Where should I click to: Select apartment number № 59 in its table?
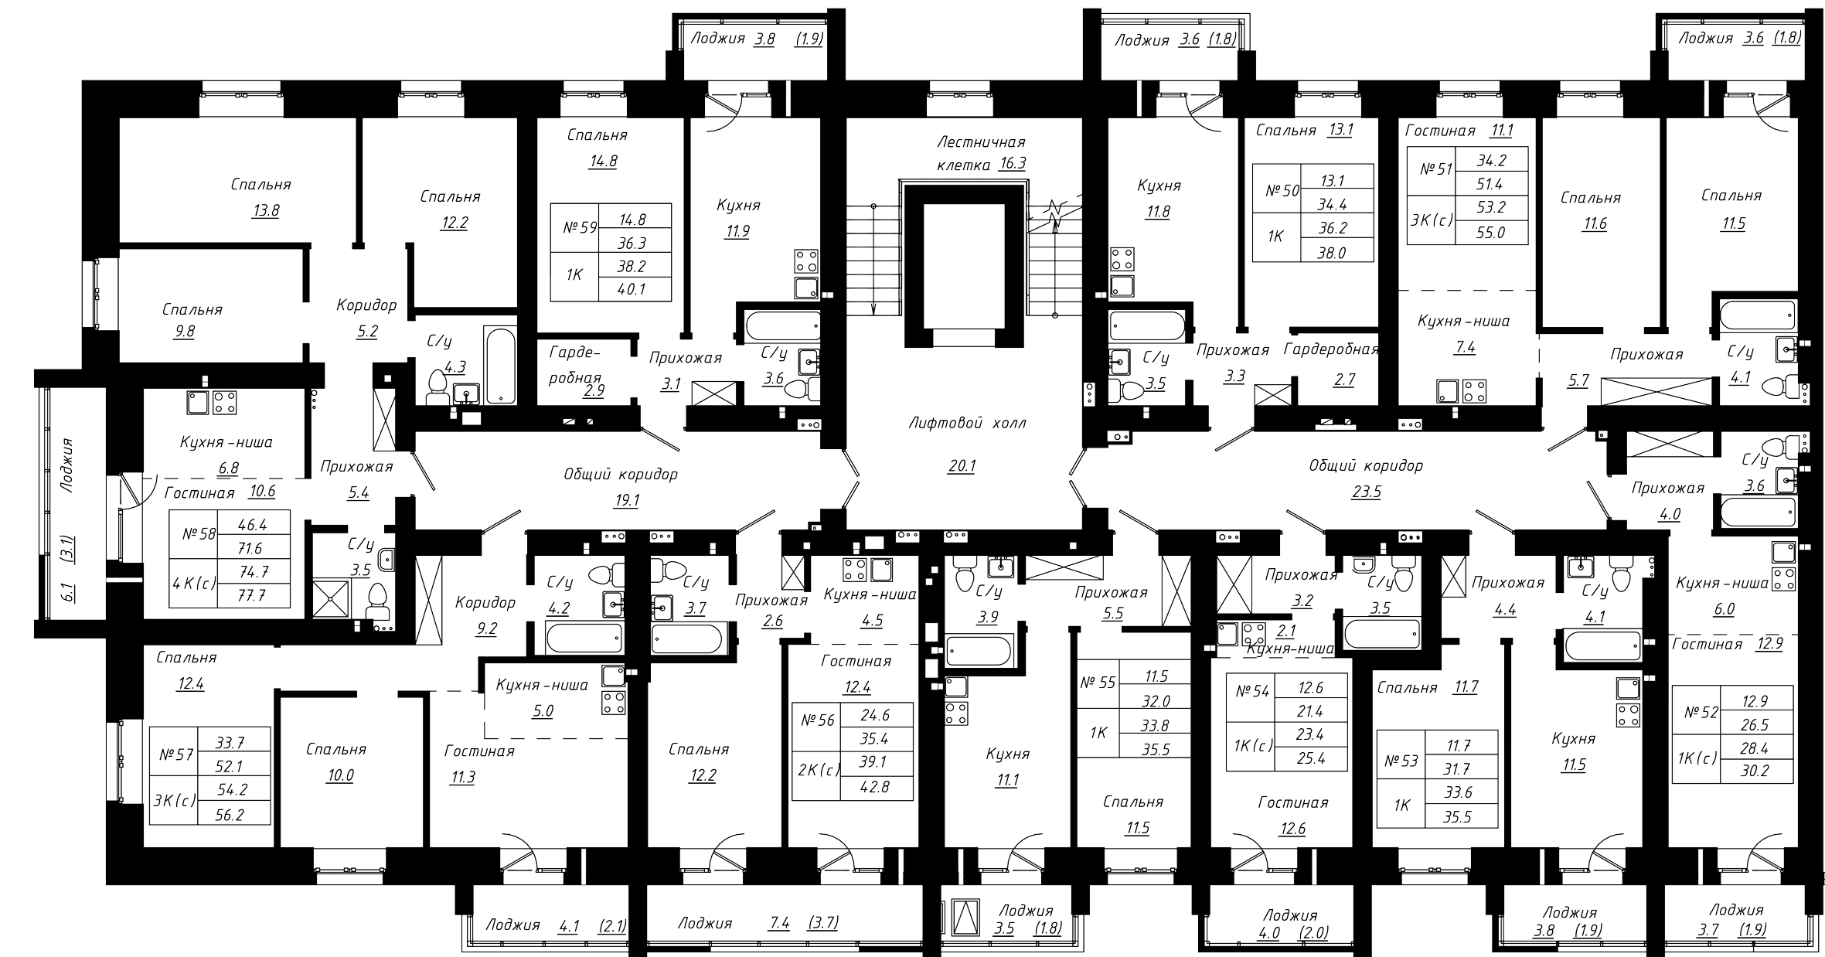[x=581, y=229]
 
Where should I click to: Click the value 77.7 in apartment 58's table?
[x=252, y=595]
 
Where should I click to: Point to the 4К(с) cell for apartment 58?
[x=194, y=584]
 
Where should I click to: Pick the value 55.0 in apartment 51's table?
[x=1490, y=232]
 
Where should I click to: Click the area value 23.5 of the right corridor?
[x=1366, y=492]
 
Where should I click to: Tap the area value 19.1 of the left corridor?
[x=625, y=500]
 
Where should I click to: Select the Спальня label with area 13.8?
[x=260, y=185]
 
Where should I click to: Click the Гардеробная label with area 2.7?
[x=1331, y=350]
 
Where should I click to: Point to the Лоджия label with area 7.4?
[x=704, y=923]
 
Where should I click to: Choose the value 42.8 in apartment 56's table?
[x=874, y=788]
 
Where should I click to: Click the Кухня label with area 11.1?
[x=1007, y=754]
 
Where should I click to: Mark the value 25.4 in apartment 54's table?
[x=1312, y=759]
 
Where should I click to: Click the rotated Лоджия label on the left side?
[x=67, y=465]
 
